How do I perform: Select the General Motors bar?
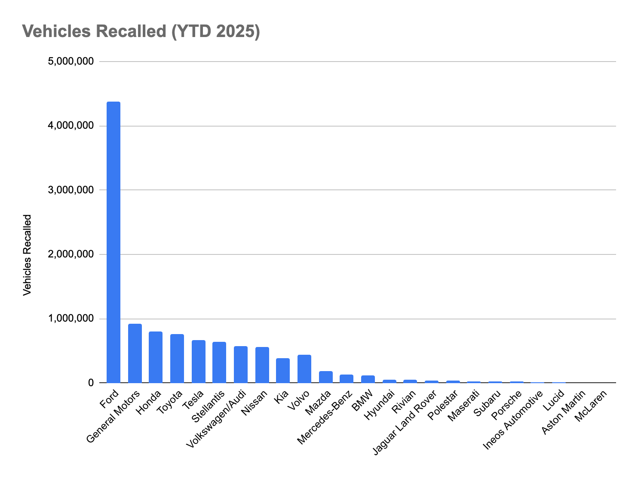pyautogui.click(x=135, y=353)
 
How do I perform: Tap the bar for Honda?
pyautogui.click(x=156, y=357)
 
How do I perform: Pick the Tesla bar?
pyautogui.click(x=199, y=361)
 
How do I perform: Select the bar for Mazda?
pyautogui.click(x=326, y=377)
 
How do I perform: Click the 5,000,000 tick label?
pyautogui.click(x=71, y=62)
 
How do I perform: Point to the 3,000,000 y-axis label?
pyautogui.click(x=71, y=190)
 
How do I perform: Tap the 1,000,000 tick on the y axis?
pyautogui.click(x=71, y=319)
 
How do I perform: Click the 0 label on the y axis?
pyautogui.click(x=90, y=383)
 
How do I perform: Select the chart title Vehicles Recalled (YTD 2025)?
pyautogui.click(x=141, y=31)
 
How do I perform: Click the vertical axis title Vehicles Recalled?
pyautogui.click(x=28, y=255)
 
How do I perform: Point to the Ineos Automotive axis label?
pyautogui.click(x=513, y=419)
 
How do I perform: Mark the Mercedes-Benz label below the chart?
pyautogui.click(x=325, y=417)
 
